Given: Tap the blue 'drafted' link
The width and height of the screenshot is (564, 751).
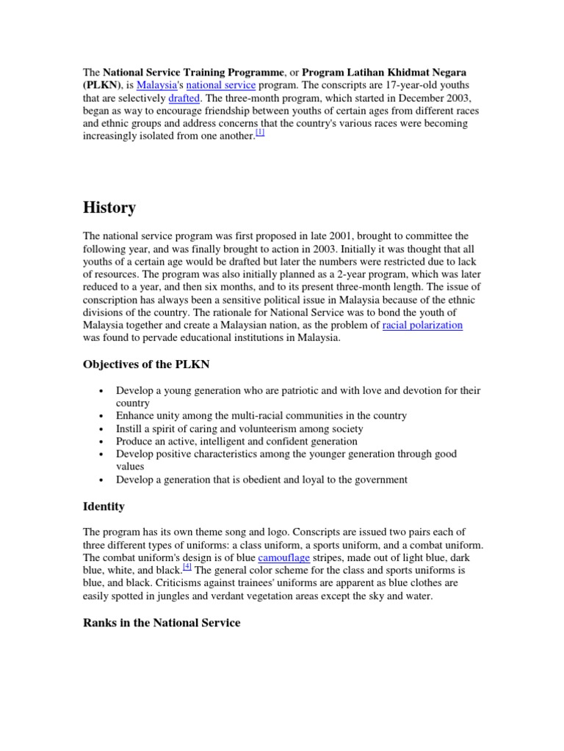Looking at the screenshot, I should point(184,98).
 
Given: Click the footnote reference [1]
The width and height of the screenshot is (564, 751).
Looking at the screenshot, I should point(260,133).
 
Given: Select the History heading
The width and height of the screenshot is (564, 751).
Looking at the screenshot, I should point(109,208).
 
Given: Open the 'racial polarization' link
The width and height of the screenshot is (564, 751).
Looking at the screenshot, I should point(422,325).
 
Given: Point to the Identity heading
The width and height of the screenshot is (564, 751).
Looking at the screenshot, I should point(104,506).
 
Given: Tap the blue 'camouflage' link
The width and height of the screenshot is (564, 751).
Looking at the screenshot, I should point(283,557).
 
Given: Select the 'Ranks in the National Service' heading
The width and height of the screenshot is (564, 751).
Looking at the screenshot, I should point(162,623).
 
